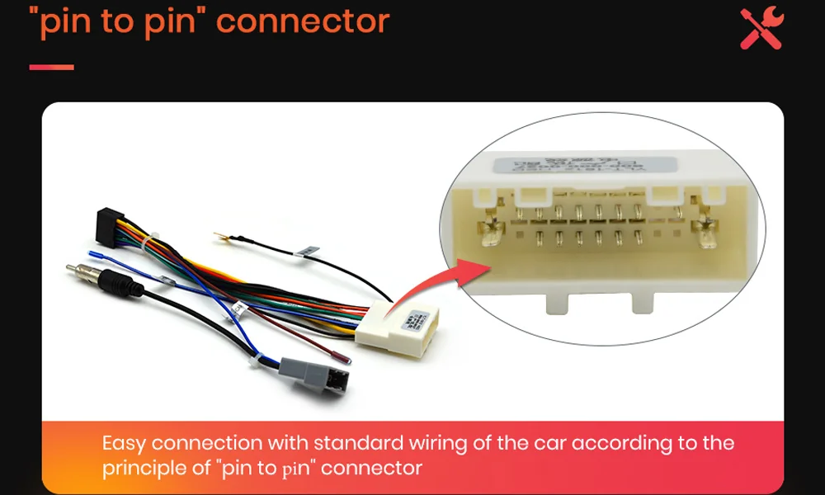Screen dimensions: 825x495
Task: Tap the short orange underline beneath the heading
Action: click(52, 68)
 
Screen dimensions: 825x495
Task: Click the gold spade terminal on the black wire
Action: click(220, 238)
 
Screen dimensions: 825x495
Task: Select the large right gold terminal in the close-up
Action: click(708, 233)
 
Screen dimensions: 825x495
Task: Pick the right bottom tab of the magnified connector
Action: click(648, 302)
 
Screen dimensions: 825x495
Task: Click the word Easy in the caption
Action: click(124, 443)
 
